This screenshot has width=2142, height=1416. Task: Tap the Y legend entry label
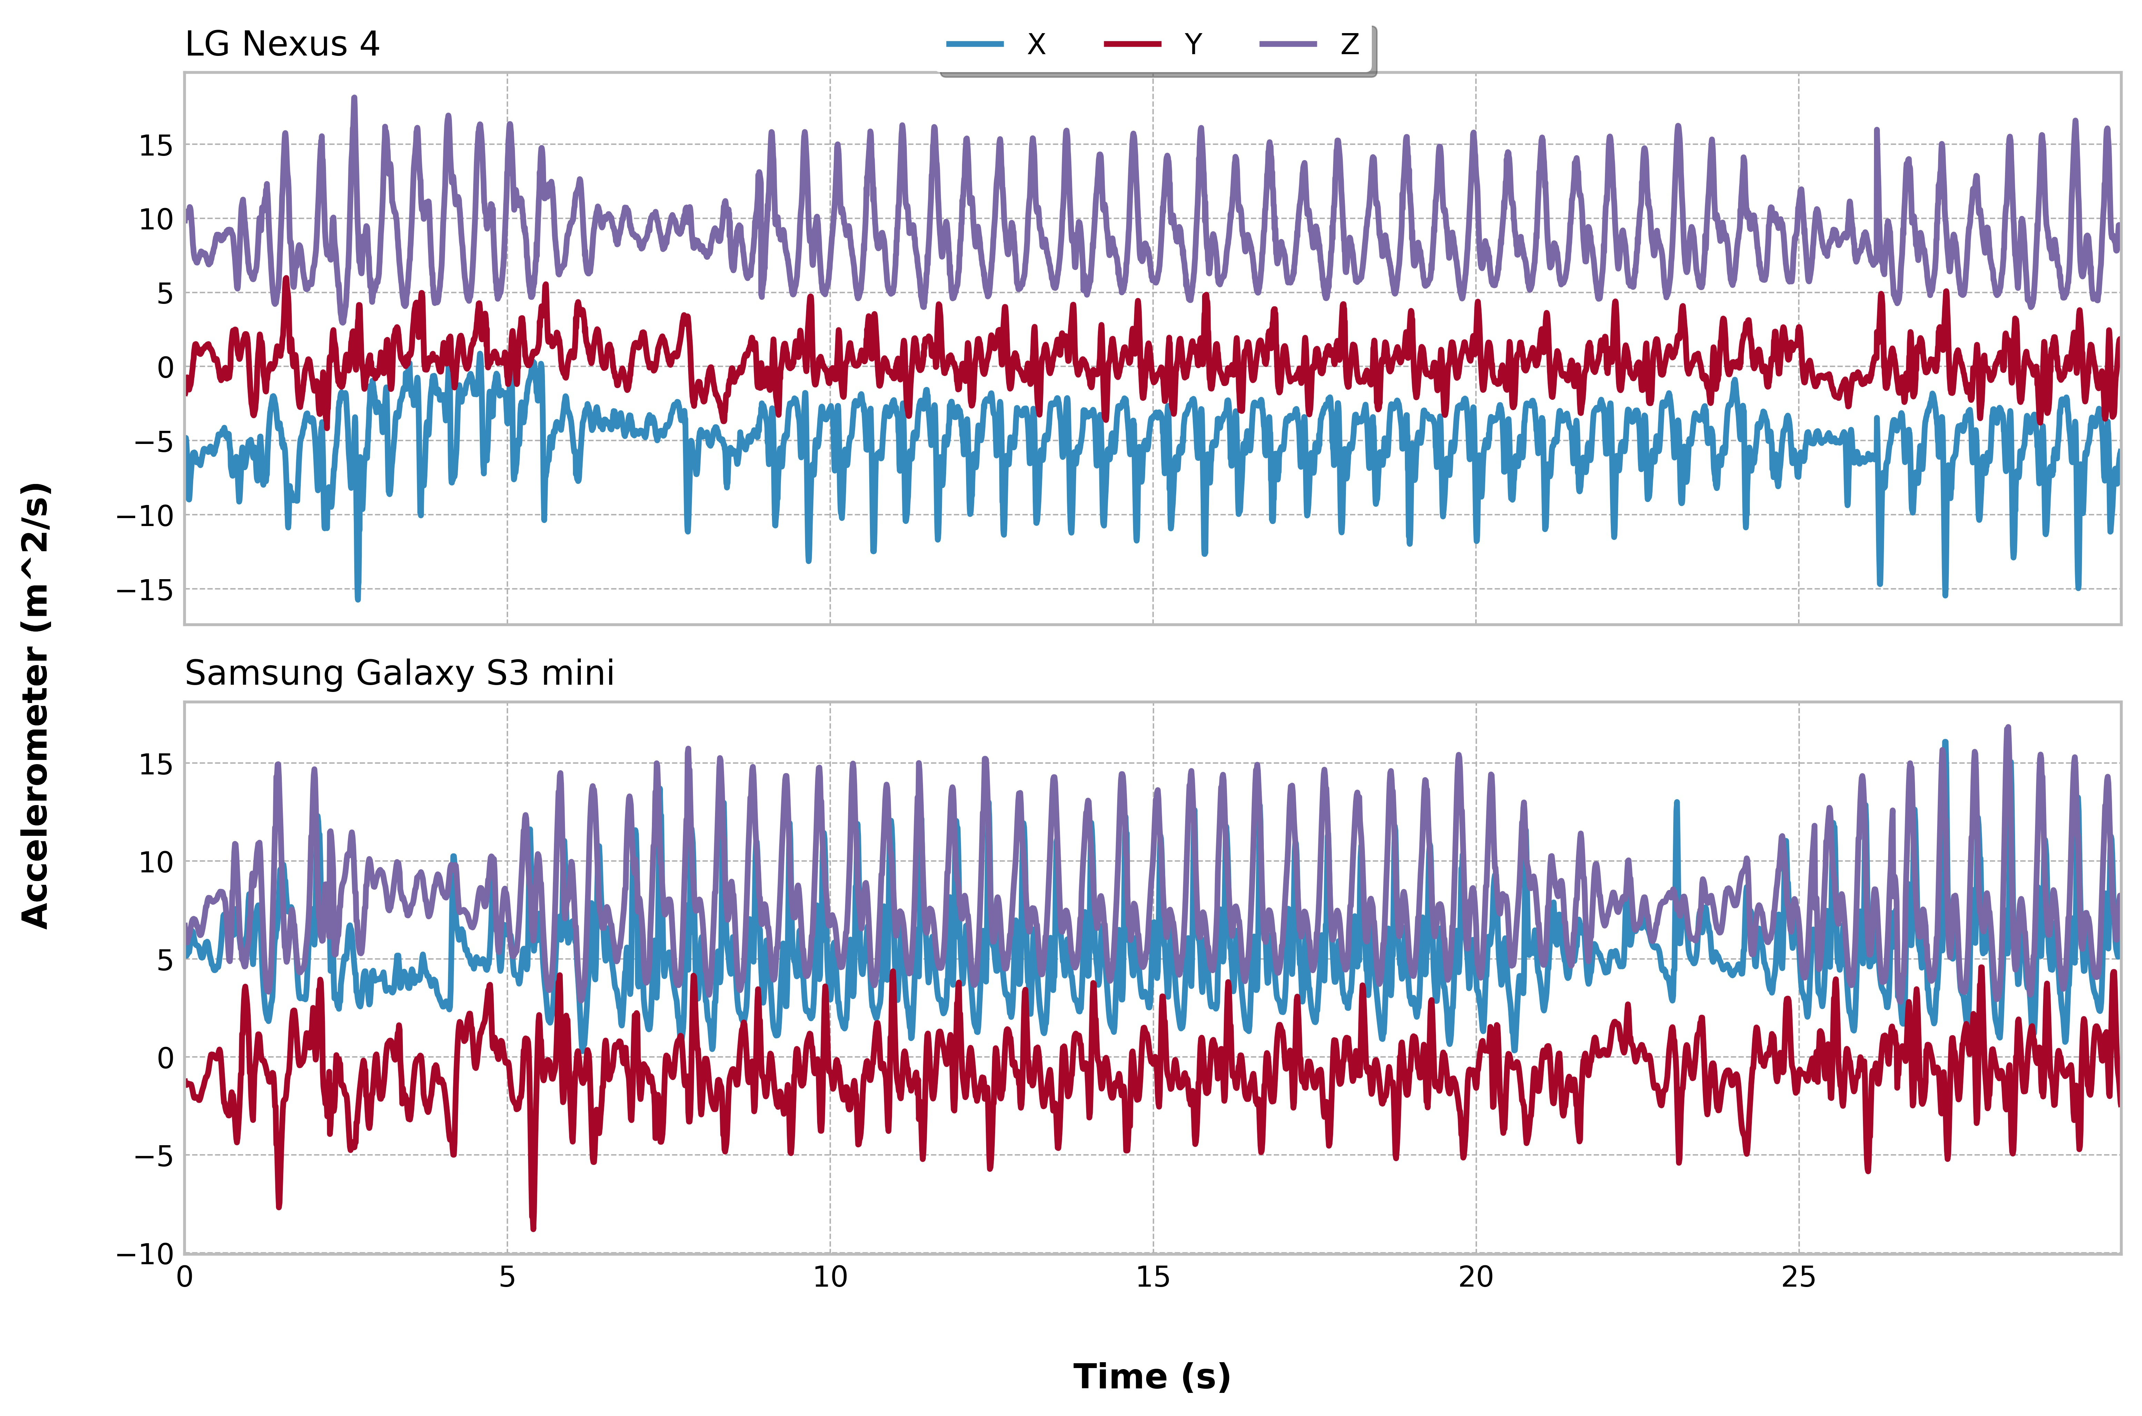(1193, 44)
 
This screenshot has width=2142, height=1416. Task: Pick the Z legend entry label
(1349, 44)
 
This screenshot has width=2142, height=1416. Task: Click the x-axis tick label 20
(1476, 1277)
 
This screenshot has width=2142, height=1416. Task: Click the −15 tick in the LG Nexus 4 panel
(145, 590)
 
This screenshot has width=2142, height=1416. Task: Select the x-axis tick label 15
(1152, 1277)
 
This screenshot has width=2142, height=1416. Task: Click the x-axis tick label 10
(830, 1277)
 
